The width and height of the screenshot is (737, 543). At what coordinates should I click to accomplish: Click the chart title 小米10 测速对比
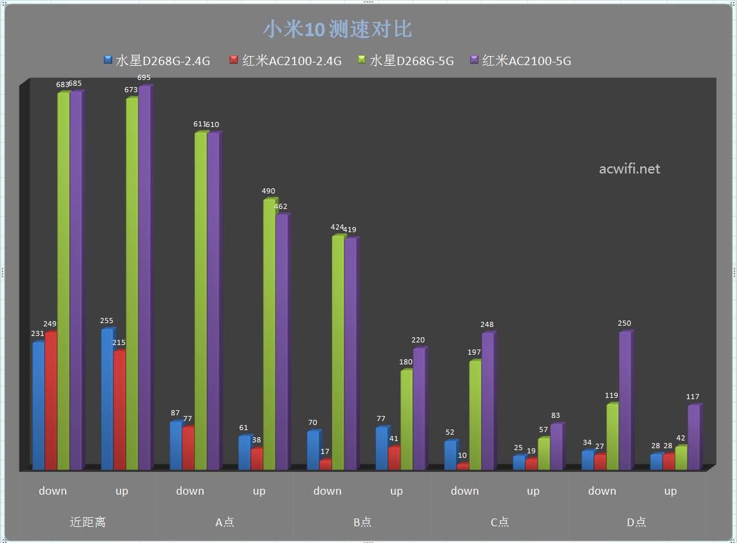point(337,29)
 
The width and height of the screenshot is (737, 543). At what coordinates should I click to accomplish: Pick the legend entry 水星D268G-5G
point(406,61)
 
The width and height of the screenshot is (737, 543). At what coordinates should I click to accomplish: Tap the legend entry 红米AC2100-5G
point(520,61)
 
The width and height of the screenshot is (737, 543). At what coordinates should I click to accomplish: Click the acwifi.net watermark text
point(629,169)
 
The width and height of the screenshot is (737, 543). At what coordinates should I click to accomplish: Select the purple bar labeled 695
point(144,277)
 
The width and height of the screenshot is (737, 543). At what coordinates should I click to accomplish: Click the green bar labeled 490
point(269,335)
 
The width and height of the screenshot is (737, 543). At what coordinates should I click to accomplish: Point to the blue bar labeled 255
point(107,400)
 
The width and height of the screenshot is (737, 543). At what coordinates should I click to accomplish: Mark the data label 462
point(280,207)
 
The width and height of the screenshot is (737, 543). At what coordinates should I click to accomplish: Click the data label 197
point(475,353)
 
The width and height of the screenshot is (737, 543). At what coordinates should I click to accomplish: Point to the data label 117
point(693,397)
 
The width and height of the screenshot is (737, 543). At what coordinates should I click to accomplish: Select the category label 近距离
point(88,522)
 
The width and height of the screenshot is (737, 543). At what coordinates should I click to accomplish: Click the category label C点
point(500,522)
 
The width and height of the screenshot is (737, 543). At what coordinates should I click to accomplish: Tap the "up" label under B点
point(396,491)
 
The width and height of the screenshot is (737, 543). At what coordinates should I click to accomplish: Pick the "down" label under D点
point(602,491)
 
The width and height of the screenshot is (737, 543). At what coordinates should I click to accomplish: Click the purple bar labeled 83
point(556,447)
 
